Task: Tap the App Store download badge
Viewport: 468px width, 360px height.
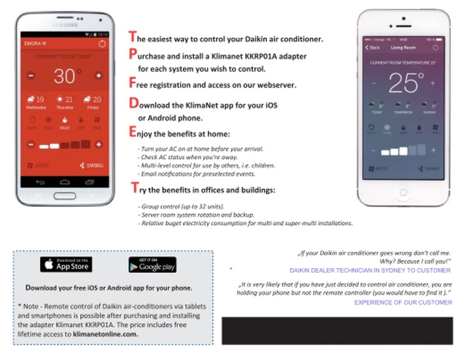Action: pyautogui.click(x=66, y=264)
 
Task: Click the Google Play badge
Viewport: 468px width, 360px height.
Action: pyautogui.click(x=152, y=265)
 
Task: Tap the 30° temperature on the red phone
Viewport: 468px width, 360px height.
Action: pyautogui.click(x=66, y=76)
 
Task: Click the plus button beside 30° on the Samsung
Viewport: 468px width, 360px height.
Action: pyautogui.click(x=99, y=76)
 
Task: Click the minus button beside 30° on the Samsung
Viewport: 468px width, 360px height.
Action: pyautogui.click(x=31, y=76)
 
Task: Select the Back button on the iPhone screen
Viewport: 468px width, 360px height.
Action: pyautogui.click(x=372, y=47)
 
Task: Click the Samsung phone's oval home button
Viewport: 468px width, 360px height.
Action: pyautogui.click(x=65, y=196)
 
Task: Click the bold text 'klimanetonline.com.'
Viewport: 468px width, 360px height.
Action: pyautogui.click(x=105, y=334)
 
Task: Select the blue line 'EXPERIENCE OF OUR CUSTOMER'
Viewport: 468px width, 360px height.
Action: pyautogui.click(x=403, y=302)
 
